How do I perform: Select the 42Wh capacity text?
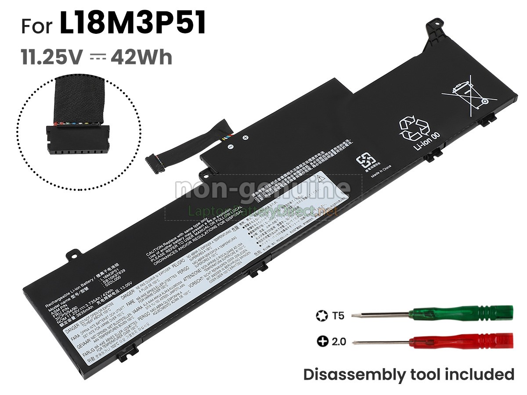pos(141,57)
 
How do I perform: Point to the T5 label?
pos(338,315)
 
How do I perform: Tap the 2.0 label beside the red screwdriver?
pos(338,341)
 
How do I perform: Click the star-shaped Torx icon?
pos(321,315)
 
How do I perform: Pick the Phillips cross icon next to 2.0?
pos(322,341)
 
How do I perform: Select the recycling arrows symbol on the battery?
pos(415,127)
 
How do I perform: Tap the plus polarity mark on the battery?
pos(245,137)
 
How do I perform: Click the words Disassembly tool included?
pos(408,374)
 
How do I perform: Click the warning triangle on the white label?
pos(321,178)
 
